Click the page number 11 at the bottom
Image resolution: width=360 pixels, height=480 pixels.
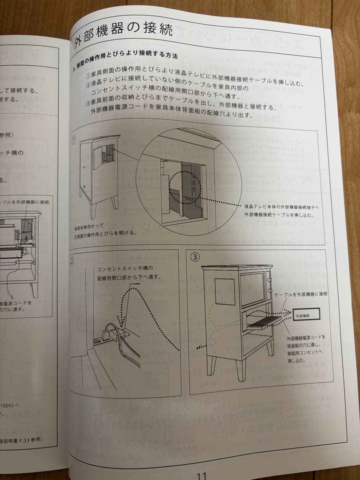[x=201, y=475]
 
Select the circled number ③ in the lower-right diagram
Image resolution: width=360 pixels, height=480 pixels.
[x=196, y=257]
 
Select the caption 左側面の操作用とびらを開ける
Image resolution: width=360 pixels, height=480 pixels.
[x=106, y=232]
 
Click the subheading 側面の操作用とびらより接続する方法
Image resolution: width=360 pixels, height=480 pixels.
[x=129, y=62]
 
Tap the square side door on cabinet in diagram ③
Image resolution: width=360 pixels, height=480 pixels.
[x=224, y=291]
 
